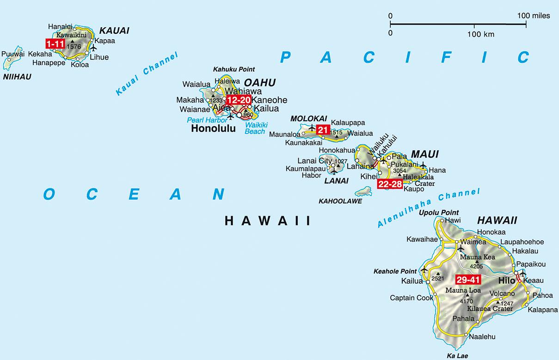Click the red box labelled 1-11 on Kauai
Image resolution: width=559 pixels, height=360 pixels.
[x=55, y=44]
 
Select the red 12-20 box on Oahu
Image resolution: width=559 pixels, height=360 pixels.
[x=238, y=100]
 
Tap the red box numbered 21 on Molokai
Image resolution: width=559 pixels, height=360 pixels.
[x=323, y=130]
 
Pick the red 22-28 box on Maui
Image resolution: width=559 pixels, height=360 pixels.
[x=390, y=184]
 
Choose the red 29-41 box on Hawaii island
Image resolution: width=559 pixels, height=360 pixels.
[x=468, y=280]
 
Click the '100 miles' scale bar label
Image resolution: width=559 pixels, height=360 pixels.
[x=534, y=16]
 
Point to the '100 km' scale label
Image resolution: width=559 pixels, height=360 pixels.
[x=481, y=34]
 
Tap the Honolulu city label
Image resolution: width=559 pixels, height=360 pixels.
[x=213, y=129]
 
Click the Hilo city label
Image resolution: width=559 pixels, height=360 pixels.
[x=506, y=281]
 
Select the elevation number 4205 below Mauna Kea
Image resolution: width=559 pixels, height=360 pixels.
[x=476, y=267]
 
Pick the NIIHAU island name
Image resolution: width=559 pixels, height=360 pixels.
[x=17, y=77]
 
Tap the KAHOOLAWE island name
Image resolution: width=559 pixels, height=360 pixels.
[x=340, y=201]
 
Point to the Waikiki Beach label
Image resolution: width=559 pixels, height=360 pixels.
[x=255, y=128]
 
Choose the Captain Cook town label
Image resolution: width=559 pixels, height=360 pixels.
[x=412, y=298]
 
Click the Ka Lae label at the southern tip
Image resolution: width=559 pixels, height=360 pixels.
[x=457, y=356]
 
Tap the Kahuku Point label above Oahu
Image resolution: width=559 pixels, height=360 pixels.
[x=233, y=69]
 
